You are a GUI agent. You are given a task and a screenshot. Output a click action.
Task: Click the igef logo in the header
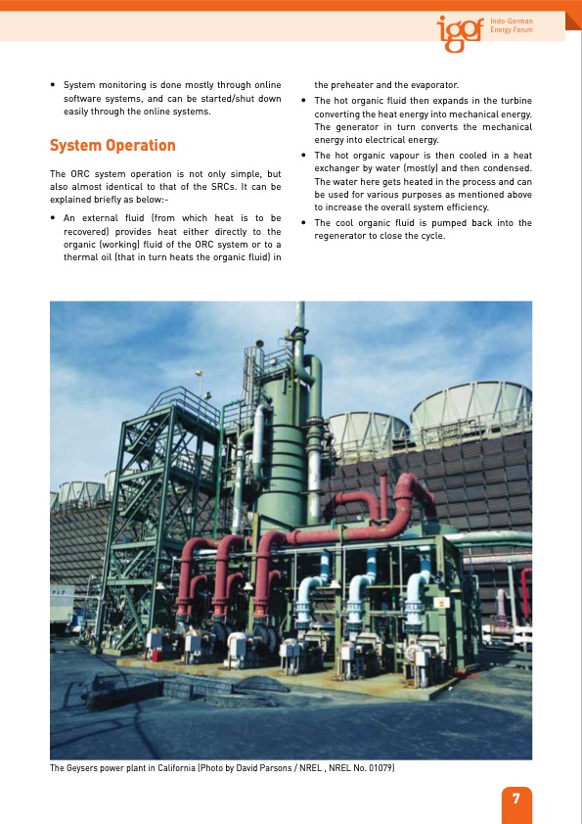click(x=459, y=33)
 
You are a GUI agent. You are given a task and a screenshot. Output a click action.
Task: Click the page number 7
click(x=515, y=798)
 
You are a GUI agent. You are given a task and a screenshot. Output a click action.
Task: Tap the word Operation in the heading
click(x=143, y=146)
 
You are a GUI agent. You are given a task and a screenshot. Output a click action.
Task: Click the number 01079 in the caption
click(x=379, y=768)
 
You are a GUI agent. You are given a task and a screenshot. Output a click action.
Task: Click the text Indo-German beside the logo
click(x=512, y=21)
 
